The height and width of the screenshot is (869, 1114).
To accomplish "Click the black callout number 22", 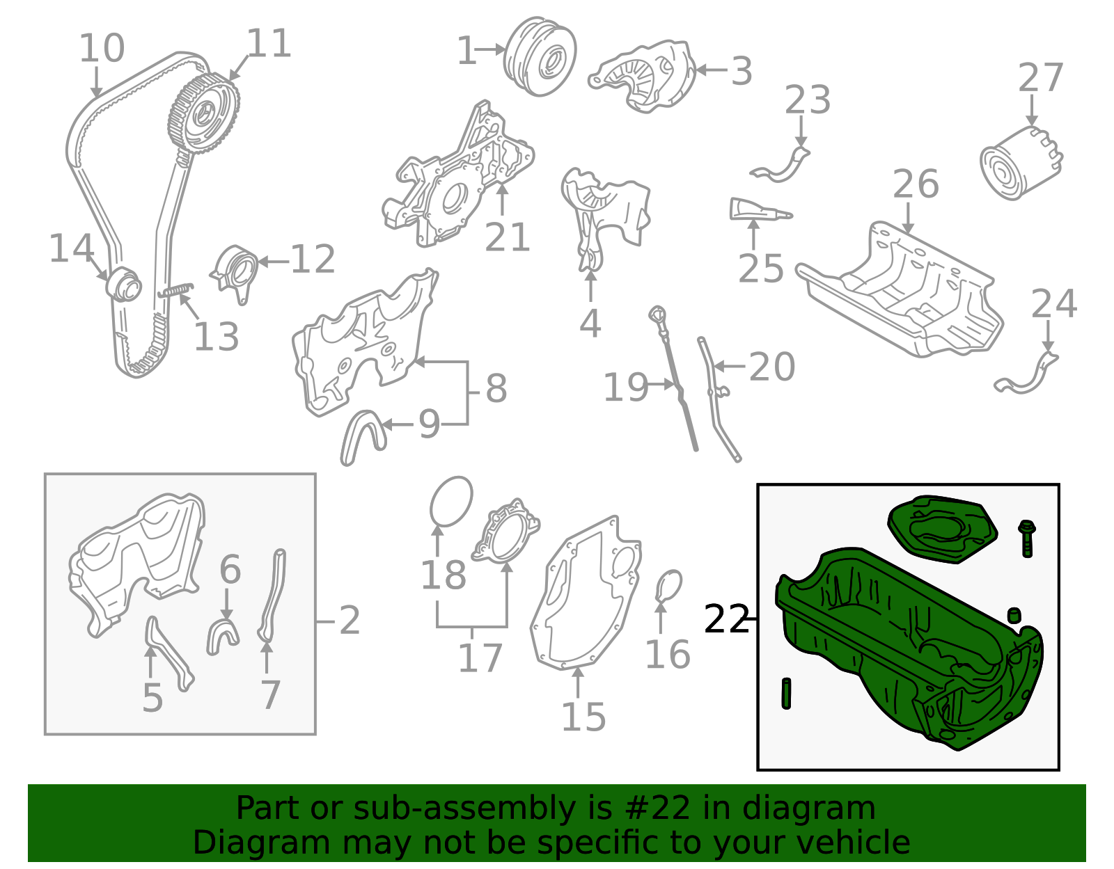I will click(726, 619).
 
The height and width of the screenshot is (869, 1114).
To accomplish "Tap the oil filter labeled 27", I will click(1020, 164).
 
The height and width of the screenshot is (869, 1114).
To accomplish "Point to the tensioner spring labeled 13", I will click(175, 290).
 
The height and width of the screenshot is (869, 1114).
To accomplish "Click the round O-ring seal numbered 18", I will click(451, 502).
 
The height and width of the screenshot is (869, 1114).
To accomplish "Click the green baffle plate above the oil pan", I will click(942, 529).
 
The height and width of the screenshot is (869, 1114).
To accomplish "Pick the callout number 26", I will click(916, 184).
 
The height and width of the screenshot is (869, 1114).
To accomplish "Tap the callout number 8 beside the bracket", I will click(496, 389).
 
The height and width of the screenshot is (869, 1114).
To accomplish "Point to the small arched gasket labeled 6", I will click(223, 635).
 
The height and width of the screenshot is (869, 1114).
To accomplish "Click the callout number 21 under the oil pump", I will click(507, 238).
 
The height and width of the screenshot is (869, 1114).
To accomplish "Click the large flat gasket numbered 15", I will click(585, 598).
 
